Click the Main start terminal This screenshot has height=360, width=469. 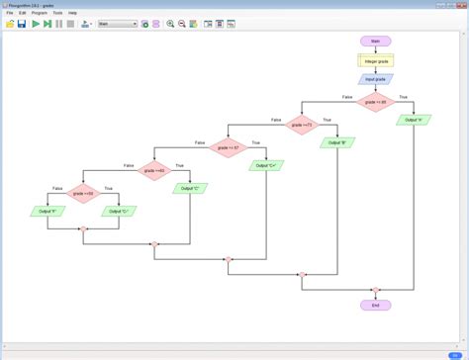(x=375, y=42)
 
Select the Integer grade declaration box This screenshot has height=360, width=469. (x=375, y=60)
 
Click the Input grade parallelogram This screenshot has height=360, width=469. (x=375, y=79)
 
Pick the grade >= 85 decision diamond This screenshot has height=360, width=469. (x=375, y=101)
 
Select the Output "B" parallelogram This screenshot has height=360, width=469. (x=337, y=142)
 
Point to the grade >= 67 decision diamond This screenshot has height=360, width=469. (x=230, y=146)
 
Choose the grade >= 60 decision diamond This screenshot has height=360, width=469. (x=153, y=169)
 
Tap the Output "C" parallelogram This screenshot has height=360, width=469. (x=190, y=188)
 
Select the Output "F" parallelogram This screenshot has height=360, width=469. (x=47, y=212)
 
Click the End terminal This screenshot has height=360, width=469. (x=375, y=306)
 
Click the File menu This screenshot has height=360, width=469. (x=9, y=13)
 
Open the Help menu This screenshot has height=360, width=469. (x=72, y=13)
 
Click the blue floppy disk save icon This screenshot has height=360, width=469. (x=22, y=23)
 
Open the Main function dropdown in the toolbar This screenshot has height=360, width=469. (x=116, y=23)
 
